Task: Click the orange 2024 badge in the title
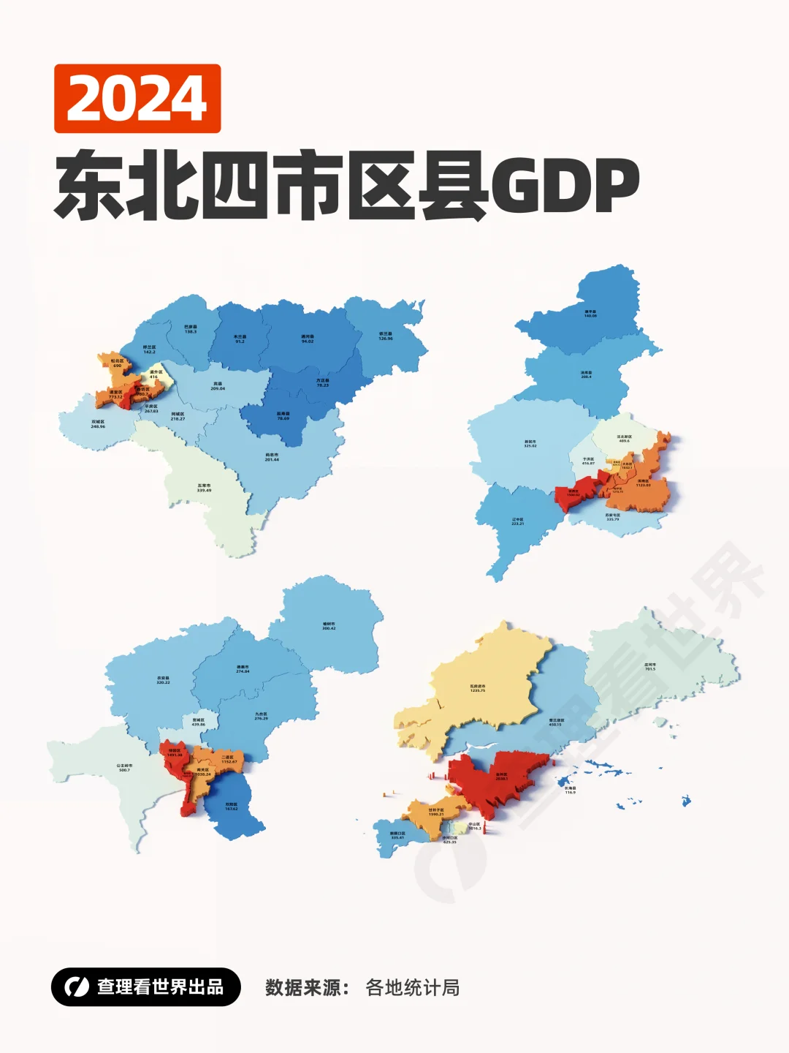pyautogui.click(x=137, y=99)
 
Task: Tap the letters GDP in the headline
pyautogui.click(x=565, y=186)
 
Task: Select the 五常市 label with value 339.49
pyautogui.click(x=204, y=488)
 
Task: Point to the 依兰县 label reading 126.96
pyautogui.click(x=386, y=336)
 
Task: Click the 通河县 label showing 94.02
pyautogui.click(x=308, y=339)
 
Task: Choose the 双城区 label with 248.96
pyautogui.click(x=98, y=424)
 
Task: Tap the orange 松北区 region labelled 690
pyautogui.click(x=117, y=363)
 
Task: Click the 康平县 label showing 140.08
pyautogui.click(x=590, y=314)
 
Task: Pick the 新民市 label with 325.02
pyautogui.click(x=530, y=444)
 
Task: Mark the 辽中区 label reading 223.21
pyautogui.click(x=517, y=521)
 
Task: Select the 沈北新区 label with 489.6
pyautogui.click(x=624, y=439)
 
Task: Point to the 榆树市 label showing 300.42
pyautogui.click(x=329, y=626)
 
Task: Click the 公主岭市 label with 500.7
pyautogui.click(x=124, y=768)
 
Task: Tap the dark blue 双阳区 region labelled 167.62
pyautogui.click(x=231, y=807)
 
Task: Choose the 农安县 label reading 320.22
pyautogui.click(x=163, y=680)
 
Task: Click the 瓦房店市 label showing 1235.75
pyautogui.click(x=478, y=688)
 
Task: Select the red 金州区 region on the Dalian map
pyautogui.click(x=501, y=777)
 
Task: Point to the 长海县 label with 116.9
pyautogui.click(x=570, y=790)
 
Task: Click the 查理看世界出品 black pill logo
pyautogui.click(x=145, y=987)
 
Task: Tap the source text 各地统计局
pyautogui.click(x=412, y=988)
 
